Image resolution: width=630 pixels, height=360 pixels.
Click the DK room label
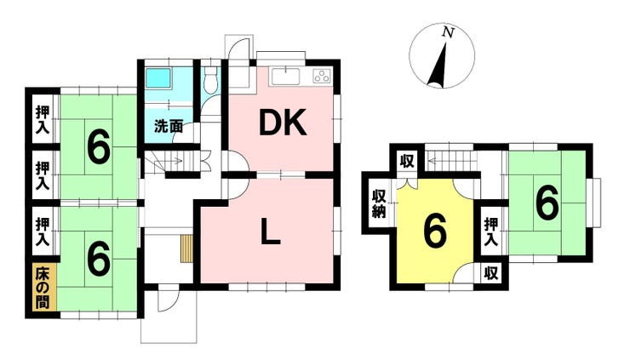click(283, 123)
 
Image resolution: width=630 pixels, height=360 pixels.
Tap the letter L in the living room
click(271, 231)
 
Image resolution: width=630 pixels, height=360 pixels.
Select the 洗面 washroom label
click(169, 127)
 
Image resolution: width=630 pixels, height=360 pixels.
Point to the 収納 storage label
click(379, 203)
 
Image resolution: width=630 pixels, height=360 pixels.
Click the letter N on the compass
click(448, 32)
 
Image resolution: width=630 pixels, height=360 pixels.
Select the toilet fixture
click(210, 79)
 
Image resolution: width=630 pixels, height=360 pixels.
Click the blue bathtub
click(158, 78)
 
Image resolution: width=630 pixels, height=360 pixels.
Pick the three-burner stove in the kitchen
click(323, 77)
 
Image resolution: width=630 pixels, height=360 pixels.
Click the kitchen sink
click(285, 77)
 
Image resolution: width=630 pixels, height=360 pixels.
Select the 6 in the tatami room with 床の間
click(99, 258)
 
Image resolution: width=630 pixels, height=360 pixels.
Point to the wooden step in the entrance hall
click(186, 249)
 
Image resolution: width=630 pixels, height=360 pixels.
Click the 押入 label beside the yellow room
click(491, 231)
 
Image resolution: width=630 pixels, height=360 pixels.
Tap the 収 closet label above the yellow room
click(407, 162)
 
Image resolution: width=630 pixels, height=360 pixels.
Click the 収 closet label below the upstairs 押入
click(490, 273)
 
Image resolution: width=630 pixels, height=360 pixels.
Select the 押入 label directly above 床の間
click(43, 231)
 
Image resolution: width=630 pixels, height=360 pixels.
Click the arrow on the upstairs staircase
click(442, 162)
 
